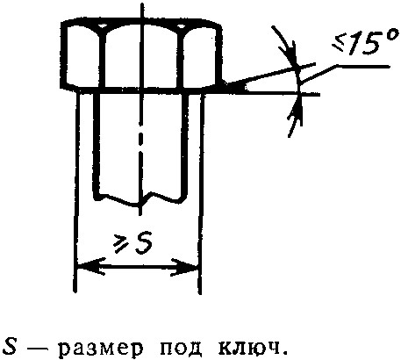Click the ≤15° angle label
coord(366,42)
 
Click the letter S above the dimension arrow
coord(143,242)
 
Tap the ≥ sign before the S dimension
coord(121,245)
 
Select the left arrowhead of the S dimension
coord(90,266)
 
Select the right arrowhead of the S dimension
coord(185,267)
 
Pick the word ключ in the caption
coord(247,347)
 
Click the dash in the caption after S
coord(34,349)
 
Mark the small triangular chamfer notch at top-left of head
coord(102,25)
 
